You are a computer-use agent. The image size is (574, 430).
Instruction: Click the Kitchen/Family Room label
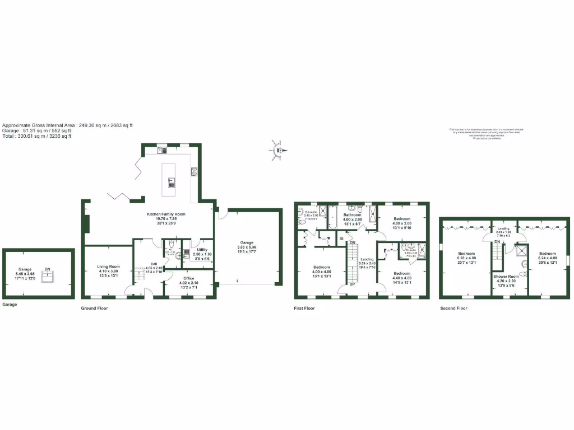(166, 214)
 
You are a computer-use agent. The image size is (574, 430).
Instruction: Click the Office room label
(188, 278)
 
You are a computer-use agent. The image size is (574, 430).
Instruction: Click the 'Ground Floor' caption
(95, 308)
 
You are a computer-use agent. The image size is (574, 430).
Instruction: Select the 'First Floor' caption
(304, 308)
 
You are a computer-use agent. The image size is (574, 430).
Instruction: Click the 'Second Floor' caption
(453, 308)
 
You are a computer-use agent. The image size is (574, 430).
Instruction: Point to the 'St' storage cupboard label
(341, 239)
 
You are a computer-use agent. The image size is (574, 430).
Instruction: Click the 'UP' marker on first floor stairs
(352, 284)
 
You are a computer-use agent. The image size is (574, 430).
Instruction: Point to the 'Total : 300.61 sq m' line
(37, 136)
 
